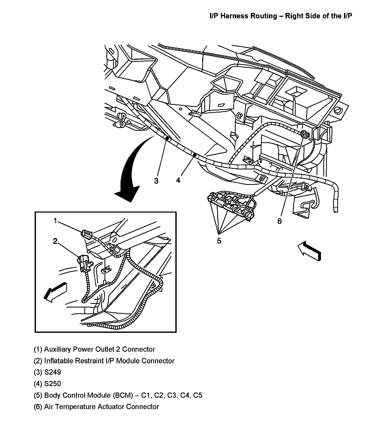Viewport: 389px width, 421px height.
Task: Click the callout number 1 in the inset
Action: click(55, 221)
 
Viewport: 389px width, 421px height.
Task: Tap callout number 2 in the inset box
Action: click(55, 241)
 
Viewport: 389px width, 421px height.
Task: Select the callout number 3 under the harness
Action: click(156, 181)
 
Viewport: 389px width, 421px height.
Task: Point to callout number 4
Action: click(178, 180)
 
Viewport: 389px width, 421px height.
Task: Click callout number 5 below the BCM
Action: click(219, 241)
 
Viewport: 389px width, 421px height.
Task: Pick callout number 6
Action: click(280, 221)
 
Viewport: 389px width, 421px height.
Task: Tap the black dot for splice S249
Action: click(167, 139)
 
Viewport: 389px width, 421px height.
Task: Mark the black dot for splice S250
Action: click(195, 155)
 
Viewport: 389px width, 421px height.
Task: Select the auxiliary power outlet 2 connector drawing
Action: click(86, 234)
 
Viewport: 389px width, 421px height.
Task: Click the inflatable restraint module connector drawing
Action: click(83, 263)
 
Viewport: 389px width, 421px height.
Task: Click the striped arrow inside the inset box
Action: click(55, 291)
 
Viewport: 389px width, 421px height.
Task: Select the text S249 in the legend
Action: click(53, 372)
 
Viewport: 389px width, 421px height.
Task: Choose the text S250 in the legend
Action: click(53, 384)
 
